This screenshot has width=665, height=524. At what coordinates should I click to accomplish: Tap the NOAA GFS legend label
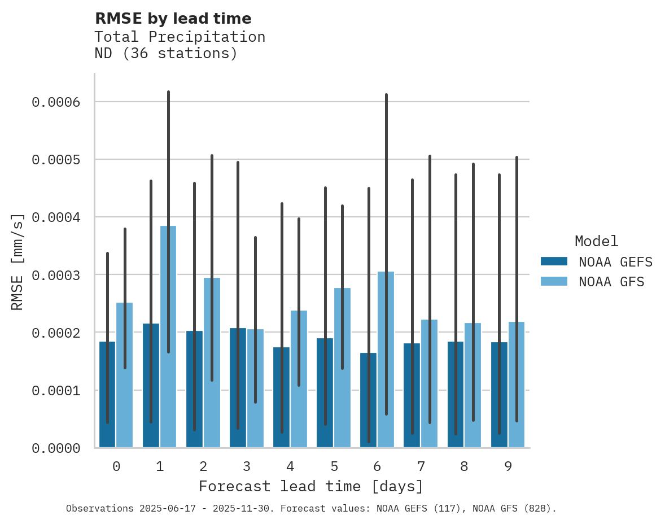[611, 282]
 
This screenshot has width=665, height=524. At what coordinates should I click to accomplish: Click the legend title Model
[596, 241]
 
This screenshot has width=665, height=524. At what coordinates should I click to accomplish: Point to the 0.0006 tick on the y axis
[55, 102]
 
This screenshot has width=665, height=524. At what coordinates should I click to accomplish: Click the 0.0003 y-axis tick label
[55, 276]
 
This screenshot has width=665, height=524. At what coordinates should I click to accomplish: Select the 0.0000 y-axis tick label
[55, 448]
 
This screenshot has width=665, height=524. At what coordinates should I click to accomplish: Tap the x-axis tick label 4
[290, 466]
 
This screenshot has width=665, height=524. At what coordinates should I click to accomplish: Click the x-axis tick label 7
[421, 466]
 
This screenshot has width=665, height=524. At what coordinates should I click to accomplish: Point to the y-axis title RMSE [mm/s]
[17, 261]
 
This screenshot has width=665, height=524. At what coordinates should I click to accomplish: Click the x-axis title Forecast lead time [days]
[310, 486]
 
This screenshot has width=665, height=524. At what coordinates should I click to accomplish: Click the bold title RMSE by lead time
[173, 19]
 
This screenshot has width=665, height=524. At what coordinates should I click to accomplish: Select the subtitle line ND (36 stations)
[166, 54]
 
